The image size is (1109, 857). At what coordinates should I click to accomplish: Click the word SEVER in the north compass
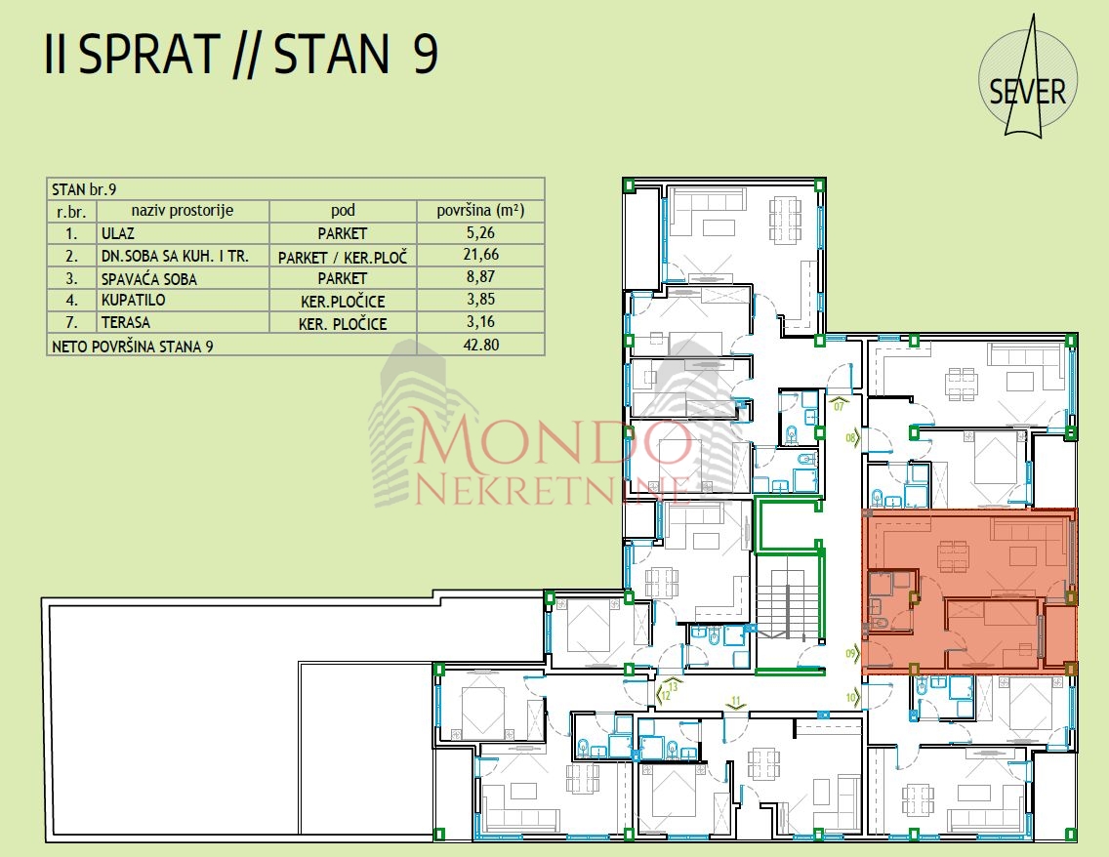click(1027, 93)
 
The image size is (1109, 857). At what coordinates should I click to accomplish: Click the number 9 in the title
click(425, 54)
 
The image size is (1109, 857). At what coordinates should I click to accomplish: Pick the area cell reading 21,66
click(481, 255)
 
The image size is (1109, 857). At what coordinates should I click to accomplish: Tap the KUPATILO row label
click(133, 300)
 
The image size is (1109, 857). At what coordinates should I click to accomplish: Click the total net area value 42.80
click(481, 346)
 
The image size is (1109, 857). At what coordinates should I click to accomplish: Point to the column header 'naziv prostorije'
click(183, 210)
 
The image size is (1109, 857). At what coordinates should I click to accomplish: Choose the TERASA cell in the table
click(125, 322)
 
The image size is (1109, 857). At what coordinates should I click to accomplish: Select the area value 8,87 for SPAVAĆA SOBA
click(481, 277)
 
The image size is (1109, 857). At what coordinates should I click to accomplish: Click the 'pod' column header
click(343, 210)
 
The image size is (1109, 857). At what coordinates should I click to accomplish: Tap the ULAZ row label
click(117, 233)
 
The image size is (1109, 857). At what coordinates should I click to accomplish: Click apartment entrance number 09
click(851, 653)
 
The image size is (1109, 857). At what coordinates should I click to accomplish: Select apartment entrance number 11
click(735, 702)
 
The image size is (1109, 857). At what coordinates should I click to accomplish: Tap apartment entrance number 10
click(851, 698)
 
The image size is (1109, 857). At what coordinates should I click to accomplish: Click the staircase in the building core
click(785, 597)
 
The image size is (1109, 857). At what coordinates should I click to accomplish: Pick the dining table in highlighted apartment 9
click(953, 555)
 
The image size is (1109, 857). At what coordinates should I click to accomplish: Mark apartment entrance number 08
click(851, 438)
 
